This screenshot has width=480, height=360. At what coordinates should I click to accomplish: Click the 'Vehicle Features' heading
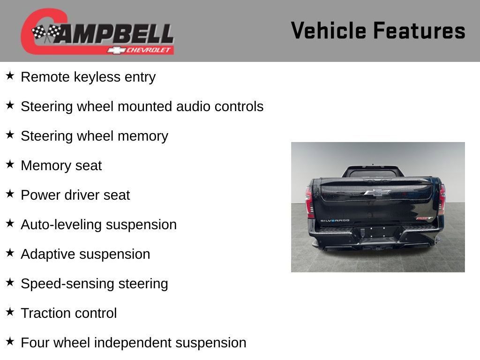click(x=378, y=31)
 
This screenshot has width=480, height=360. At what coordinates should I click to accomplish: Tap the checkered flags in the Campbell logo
click(x=46, y=33)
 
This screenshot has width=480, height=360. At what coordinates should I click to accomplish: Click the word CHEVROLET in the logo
click(x=149, y=50)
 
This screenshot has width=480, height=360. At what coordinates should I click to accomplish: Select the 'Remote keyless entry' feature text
click(x=88, y=77)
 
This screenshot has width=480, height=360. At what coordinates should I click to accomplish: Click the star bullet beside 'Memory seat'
click(x=10, y=165)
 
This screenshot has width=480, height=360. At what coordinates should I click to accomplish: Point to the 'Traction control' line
click(x=69, y=313)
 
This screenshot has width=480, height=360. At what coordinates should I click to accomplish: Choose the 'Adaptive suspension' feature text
click(x=85, y=254)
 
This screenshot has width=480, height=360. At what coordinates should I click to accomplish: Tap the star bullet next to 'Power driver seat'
click(x=10, y=194)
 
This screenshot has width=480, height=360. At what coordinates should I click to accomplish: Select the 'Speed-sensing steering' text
click(x=94, y=284)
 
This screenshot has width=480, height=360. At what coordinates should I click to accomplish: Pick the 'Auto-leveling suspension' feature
click(x=98, y=225)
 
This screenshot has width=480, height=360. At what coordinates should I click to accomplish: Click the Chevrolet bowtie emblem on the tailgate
click(x=377, y=192)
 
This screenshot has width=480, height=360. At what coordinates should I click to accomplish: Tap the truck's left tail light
click(x=309, y=202)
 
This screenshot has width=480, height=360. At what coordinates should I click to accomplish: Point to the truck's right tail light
click(x=442, y=200)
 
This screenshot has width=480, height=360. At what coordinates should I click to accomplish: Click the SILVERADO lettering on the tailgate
click(x=336, y=221)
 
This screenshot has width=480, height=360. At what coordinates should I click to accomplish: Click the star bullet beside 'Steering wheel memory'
click(x=10, y=135)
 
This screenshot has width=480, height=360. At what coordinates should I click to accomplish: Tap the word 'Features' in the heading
click(x=420, y=31)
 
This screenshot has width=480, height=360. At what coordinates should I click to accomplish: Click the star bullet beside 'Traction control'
click(x=10, y=312)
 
